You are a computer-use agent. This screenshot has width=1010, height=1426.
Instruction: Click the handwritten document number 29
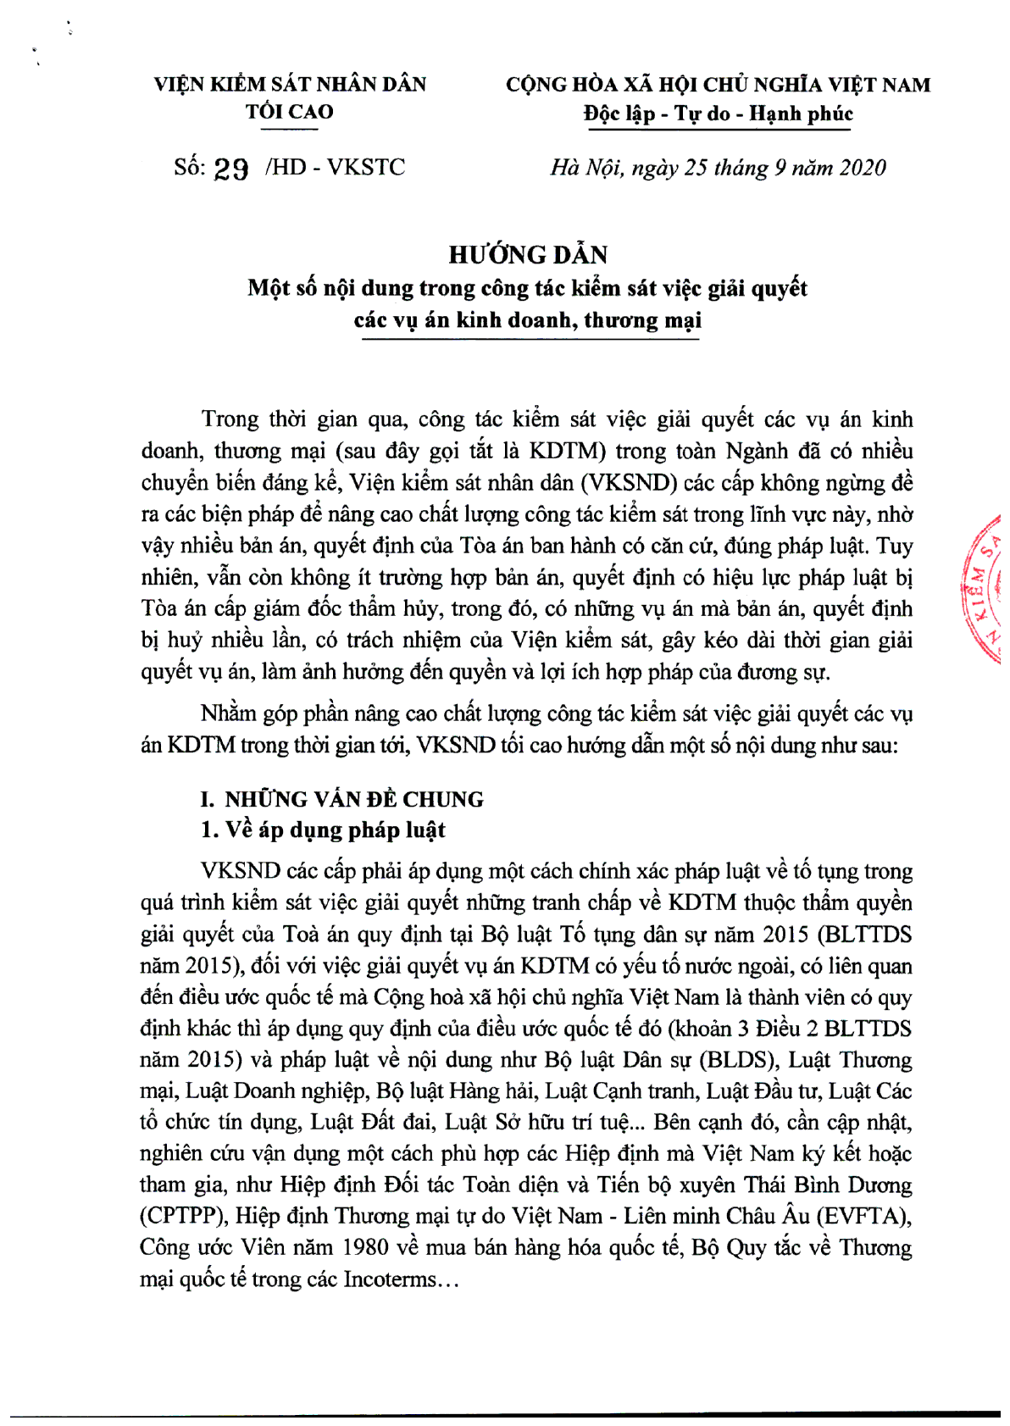(x=231, y=169)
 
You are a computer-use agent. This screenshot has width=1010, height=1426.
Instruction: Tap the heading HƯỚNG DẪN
(x=528, y=254)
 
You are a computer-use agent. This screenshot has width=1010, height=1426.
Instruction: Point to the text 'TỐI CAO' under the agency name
(x=290, y=112)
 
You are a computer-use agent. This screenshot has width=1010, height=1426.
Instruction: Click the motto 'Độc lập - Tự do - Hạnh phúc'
(x=718, y=114)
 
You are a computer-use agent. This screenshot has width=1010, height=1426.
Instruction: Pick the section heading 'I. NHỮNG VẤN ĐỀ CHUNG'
(x=341, y=799)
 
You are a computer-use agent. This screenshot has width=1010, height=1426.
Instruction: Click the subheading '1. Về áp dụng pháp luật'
(x=323, y=830)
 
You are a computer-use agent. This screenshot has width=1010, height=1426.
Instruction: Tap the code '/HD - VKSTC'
(x=336, y=167)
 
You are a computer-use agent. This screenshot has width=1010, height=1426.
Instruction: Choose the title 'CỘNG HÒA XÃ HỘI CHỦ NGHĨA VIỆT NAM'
(x=718, y=85)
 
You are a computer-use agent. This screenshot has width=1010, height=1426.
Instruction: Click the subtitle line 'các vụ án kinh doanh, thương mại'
(x=528, y=320)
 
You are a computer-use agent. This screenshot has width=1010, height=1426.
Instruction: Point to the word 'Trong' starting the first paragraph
(x=230, y=419)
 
